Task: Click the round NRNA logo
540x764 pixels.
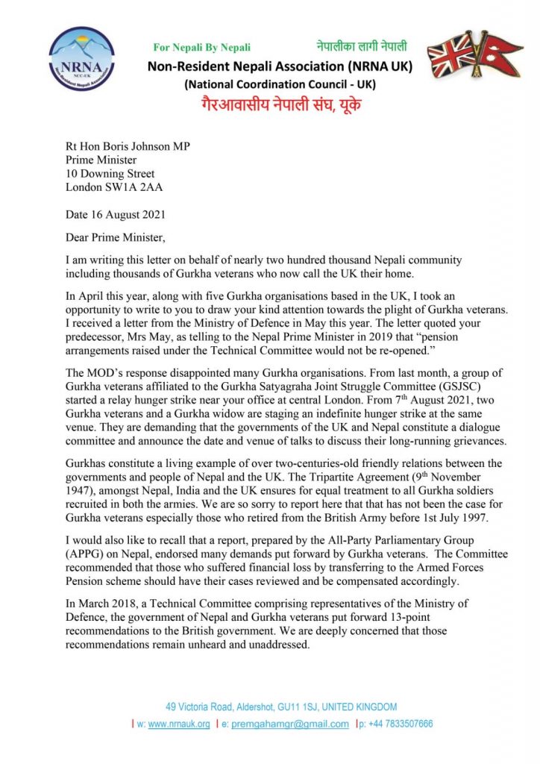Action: point(81,58)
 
